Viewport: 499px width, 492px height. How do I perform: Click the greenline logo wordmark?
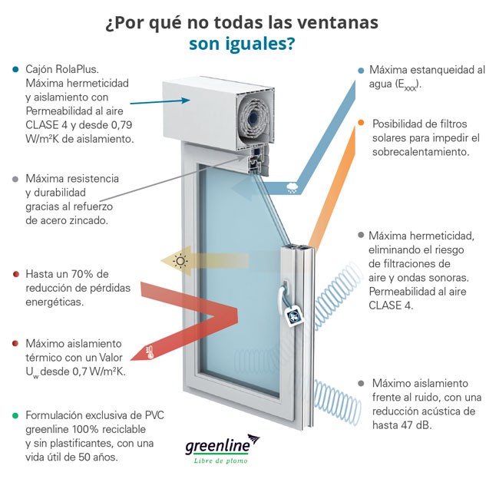point(218,445)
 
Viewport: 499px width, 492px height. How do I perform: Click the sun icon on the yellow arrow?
point(180,261)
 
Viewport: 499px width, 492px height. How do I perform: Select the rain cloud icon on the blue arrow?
point(292,188)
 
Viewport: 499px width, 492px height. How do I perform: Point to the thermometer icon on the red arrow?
point(149,352)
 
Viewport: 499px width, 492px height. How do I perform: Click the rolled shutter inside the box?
point(255,118)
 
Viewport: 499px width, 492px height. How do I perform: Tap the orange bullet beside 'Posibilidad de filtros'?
point(361,123)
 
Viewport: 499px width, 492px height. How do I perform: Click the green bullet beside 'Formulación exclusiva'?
point(15,415)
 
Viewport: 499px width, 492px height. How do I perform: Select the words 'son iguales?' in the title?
point(242,44)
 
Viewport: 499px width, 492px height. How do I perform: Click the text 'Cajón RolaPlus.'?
point(62,69)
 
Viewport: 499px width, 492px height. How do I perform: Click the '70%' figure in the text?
point(82,274)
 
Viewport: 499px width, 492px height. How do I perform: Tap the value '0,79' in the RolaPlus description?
point(121,125)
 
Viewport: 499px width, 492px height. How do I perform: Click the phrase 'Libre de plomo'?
point(220,461)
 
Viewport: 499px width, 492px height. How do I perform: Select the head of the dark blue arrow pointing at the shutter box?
point(186,101)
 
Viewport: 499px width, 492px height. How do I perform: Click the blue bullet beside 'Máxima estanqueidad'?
point(361,71)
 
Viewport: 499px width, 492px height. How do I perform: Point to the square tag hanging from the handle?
point(295,315)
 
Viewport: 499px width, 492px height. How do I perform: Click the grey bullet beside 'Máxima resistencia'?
point(15,179)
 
